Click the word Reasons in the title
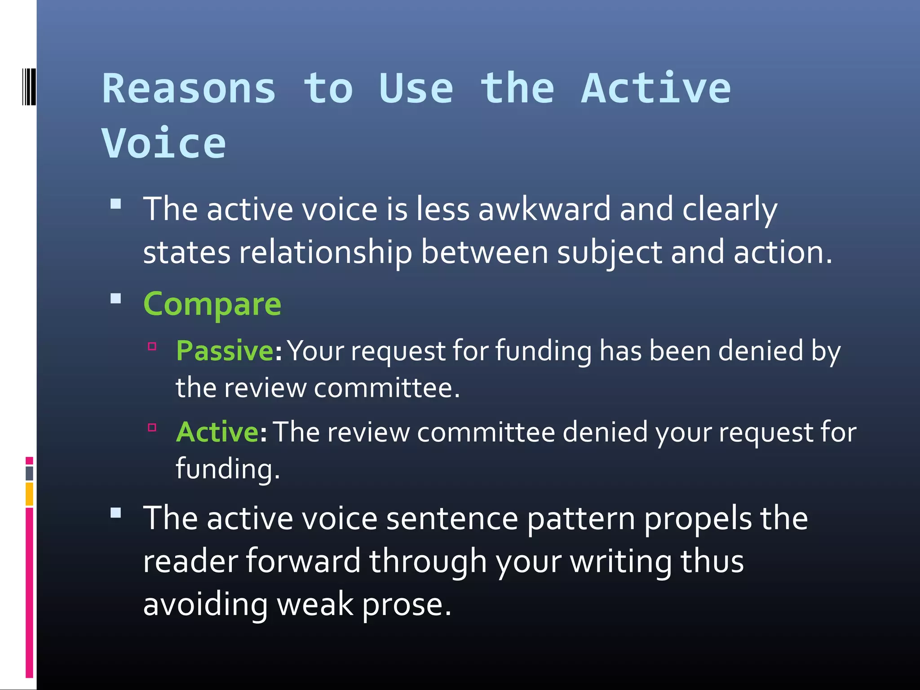pyautogui.click(x=189, y=88)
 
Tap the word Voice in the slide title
pyautogui.click(x=164, y=143)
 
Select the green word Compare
pyautogui.click(x=212, y=304)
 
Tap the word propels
pyautogui.click(x=698, y=519)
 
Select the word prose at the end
pyautogui.click(x=406, y=604)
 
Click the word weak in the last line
pyautogui.click(x=315, y=604)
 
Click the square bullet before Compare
pyautogui.click(x=116, y=299)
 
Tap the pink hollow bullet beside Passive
pyautogui.click(x=152, y=346)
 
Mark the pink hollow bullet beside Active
pyautogui.click(x=152, y=427)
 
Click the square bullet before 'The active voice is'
pyautogui.click(x=116, y=204)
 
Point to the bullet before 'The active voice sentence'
pyautogui.click(x=116, y=513)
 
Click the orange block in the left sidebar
pyautogui.click(x=29, y=494)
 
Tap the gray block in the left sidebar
pyautogui.click(x=29, y=473)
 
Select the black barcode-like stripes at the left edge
pyautogui.click(x=29, y=87)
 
